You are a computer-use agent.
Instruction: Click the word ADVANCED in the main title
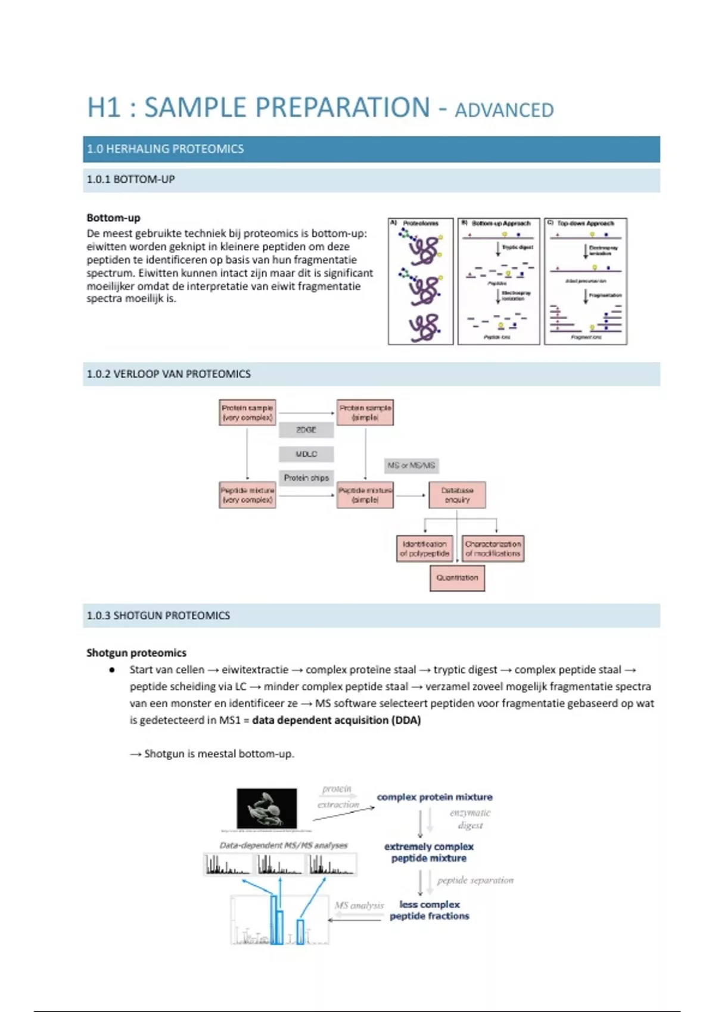point(504,110)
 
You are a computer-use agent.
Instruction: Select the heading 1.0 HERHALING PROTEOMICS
point(165,149)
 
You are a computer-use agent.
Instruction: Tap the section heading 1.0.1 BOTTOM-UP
point(130,179)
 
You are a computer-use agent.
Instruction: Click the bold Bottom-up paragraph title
point(113,218)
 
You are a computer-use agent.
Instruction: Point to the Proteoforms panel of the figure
point(421,281)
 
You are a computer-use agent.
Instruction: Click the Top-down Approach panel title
point(585,224)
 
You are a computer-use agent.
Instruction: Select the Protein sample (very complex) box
point(247,413)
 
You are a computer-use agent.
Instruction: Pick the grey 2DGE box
point(306,430)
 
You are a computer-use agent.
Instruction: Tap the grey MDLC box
point(306,454)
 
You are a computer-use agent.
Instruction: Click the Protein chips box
point(306,478)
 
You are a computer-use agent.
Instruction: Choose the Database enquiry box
point(457,495)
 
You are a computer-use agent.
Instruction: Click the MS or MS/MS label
point(411,466)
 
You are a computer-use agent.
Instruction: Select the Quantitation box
point(457,578)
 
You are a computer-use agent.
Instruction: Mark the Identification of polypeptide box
point(424,549)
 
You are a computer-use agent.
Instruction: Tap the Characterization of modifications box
point(493,549)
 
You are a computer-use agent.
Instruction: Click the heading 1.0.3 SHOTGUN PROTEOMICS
point(158,616)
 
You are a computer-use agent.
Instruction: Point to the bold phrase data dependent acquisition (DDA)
point(336,720)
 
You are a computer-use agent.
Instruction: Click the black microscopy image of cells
point(266,808)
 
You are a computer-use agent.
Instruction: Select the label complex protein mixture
point(434,797)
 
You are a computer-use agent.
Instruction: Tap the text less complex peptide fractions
point(429,910)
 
